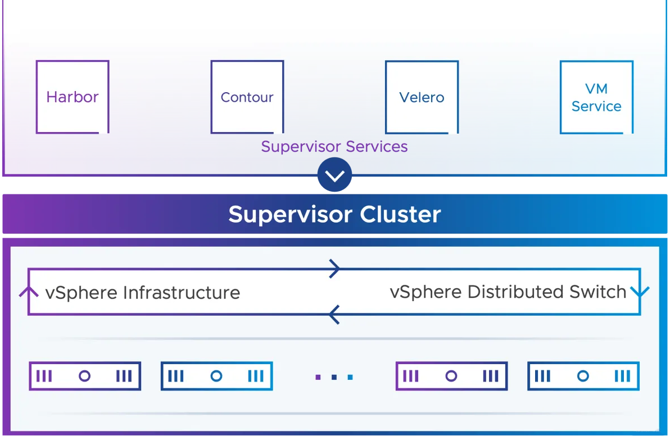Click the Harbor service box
(73, 97)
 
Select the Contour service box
(247, 97)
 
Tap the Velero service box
(422, 97)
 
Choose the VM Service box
(596, 97)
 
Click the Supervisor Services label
(334, 147)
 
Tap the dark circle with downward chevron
(334, 175)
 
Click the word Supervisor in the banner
(290, 215)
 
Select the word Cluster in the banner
(400, 214)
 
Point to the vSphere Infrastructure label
(143, 293)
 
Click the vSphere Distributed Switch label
(508, 292)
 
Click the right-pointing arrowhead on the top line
(334, 269)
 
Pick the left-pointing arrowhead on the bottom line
(334, 315)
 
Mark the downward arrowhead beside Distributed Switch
(640, 292)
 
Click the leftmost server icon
(85, 376)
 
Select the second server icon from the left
(216, 376)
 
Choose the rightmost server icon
(583, 376)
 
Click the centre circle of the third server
(451, 376)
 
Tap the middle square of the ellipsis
(334, 377)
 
